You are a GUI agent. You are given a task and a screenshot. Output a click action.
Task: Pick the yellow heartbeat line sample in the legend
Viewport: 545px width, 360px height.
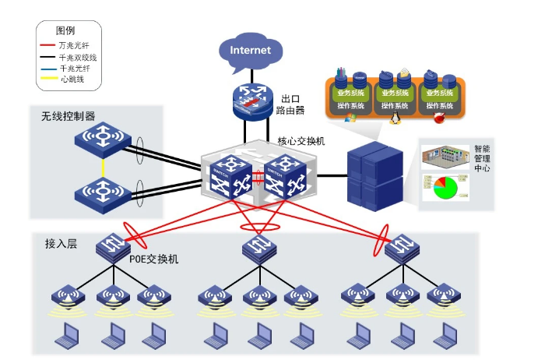click(x=49, y=79)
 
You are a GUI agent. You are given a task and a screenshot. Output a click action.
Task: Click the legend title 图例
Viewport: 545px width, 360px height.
click(x=65, y=31)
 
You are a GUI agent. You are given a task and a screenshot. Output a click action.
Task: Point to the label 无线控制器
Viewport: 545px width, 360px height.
click(x=69, y=115)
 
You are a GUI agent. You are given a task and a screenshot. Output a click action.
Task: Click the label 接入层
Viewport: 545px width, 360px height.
click(x=62, y=244)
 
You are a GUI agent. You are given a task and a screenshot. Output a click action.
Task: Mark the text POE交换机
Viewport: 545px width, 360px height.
click(x=153, y=259)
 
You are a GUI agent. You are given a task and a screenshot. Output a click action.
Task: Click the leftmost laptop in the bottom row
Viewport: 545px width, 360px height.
click(x=66, y=336)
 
